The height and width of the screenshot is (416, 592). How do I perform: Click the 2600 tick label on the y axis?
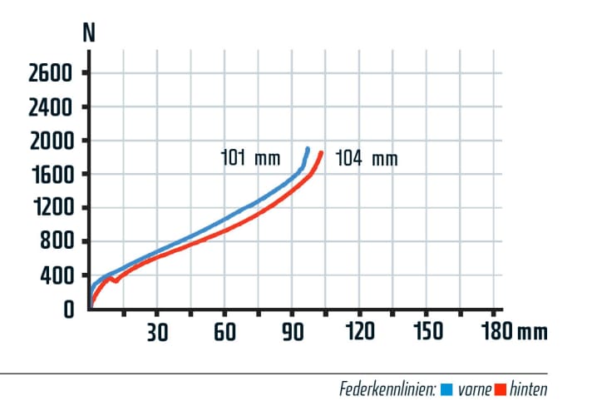[x=52, y=73]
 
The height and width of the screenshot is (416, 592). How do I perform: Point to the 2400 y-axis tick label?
[x=52, y=107]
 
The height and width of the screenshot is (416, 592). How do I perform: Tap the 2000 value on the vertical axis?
[x=52, y=141]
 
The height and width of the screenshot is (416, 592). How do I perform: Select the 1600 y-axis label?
[x=52, y=175]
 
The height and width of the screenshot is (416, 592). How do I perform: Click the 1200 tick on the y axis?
[x=52, y=208]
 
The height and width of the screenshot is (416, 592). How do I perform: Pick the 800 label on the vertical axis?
[x=58, y=242]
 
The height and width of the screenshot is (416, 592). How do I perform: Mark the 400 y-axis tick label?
[x=58, y=275]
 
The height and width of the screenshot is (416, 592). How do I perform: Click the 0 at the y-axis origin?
[x=68, y=310]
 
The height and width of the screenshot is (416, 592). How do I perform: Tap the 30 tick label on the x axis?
[x=157, y=332]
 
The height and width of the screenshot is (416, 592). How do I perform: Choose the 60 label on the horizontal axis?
[x=224, y=332]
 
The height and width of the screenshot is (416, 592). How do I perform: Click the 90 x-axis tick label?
[x=292, y=332]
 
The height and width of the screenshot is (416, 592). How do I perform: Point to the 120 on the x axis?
[x=359, y=332]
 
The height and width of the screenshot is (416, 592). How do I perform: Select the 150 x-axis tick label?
[x=427, y=332]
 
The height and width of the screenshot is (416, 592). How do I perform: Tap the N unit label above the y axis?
[x=88, y=33]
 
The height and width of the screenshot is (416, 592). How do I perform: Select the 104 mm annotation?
[x=366, y=158]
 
